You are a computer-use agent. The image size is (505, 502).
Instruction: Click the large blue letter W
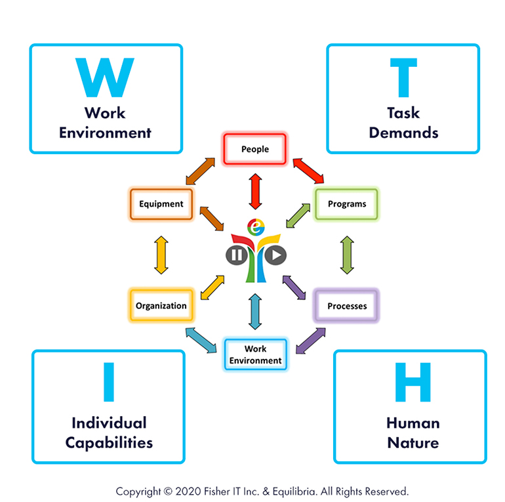pos(105,77)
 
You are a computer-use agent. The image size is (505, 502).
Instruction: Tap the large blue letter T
pos(403,77)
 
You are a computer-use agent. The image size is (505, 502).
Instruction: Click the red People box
pos(255,149)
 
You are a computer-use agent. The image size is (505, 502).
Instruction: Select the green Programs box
pos(346,203)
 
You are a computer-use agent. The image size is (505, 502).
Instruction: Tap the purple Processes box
pos(346,306)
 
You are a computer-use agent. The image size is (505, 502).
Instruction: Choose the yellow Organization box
pos(161,305)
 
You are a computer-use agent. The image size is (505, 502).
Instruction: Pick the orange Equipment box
pos(161,203)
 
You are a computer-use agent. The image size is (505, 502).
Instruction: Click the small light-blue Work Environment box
pos(255,355)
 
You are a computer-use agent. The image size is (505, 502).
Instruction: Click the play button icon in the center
pos(276,254)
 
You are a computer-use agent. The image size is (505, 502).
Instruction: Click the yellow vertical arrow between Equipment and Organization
pos(161,255)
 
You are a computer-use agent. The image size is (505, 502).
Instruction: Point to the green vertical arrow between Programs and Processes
pos(347,255)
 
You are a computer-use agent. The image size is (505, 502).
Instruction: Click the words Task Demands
pos(403,123)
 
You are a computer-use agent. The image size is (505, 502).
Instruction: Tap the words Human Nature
pos(413,432)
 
